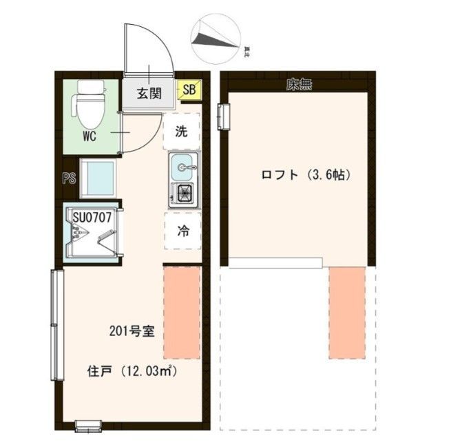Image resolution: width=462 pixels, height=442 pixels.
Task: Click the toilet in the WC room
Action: click(x=89, y=103)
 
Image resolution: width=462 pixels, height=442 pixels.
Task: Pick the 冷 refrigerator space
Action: click(x=182, y=231)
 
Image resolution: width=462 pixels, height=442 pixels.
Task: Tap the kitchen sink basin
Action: click(x=182, y=167)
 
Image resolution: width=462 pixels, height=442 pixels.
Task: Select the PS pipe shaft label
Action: click(x=69, y=178)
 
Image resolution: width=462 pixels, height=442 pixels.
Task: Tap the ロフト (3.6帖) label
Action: click(x=306, y=175)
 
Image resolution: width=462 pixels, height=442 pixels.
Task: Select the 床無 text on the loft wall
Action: click(x=299, y=85)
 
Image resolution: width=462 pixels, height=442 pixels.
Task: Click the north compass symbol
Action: click(x=216, y=38)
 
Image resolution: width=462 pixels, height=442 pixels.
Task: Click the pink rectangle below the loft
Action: click(x=347, y=312)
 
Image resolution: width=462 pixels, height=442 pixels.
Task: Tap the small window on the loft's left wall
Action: click(x=223, y=115)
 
